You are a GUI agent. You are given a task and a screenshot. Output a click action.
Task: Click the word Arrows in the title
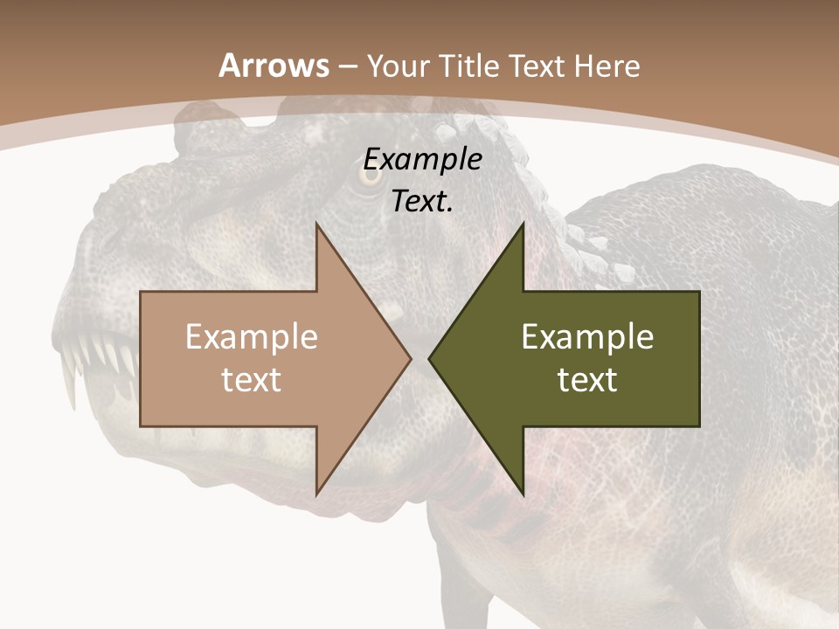coord(274,66)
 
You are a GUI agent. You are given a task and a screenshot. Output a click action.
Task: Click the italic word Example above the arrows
coord(423,160)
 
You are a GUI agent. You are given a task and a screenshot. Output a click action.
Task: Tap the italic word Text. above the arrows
coord(423,201)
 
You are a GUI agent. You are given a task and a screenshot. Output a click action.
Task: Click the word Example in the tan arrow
coord(251,337)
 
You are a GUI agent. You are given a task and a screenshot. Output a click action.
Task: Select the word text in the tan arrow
coord(251,379)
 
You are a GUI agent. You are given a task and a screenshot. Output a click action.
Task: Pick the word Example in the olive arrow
coord(587,337)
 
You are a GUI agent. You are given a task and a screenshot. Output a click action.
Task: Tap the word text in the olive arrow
coord(587,379)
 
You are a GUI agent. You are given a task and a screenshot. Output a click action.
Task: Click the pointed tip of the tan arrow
coord(410,358)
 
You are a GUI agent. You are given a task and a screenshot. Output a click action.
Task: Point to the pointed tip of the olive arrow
coord(430,358)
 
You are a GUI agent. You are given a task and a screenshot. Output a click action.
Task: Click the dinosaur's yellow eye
coord(371,174)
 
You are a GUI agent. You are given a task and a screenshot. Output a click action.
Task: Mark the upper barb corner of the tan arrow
coord(316,224)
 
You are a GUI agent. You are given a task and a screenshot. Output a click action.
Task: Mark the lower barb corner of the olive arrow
coord(523,493)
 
